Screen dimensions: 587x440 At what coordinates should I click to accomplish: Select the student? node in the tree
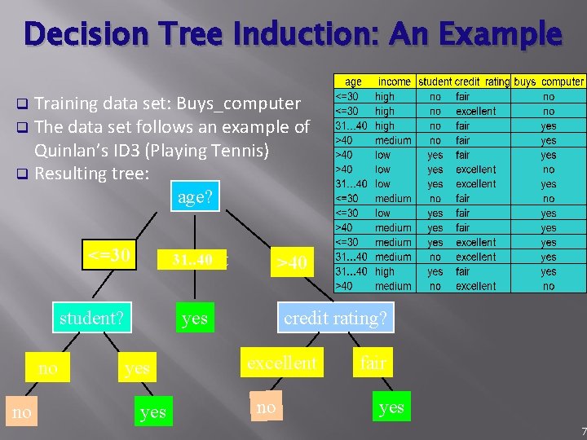coord(91,318)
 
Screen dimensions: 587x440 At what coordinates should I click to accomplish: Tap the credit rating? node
coord(335,318)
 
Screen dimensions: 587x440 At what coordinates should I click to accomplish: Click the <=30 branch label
coord(109,255)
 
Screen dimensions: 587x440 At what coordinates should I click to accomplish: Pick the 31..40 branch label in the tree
coord(192,260)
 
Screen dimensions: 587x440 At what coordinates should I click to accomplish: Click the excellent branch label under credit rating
coord(282,363)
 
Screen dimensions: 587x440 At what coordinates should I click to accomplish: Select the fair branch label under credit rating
coord(373,363)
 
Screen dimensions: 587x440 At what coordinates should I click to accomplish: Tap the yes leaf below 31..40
coord(194,318)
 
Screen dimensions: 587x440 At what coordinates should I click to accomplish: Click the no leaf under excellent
coord(265,407)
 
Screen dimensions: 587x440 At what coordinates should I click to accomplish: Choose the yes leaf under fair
coord(391,407)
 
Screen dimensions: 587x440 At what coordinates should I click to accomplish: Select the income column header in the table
coord(395,81)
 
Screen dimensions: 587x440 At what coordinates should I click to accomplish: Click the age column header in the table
coord(354,81)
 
